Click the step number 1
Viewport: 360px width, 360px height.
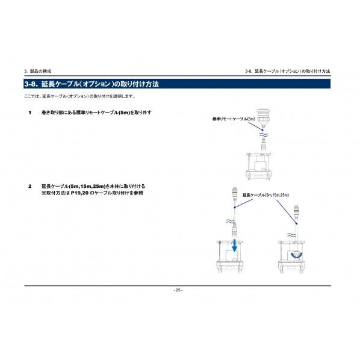[x=29, y=113]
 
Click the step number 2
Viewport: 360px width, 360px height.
[x=29, y=187]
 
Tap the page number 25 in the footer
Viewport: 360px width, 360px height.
[x=178, y=290]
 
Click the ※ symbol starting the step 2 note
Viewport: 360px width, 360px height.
[x=43, y=193]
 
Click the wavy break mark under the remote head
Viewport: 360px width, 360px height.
[x=262, y=135]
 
